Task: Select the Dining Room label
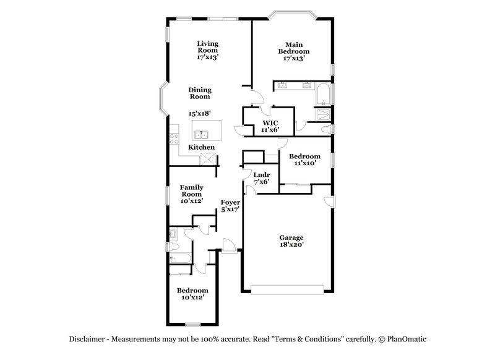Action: [x=199, y=93]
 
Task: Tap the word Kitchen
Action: [x=202, y=147]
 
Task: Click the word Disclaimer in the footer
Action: [x=85, y=339]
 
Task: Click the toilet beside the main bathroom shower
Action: [x=326, y=129]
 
